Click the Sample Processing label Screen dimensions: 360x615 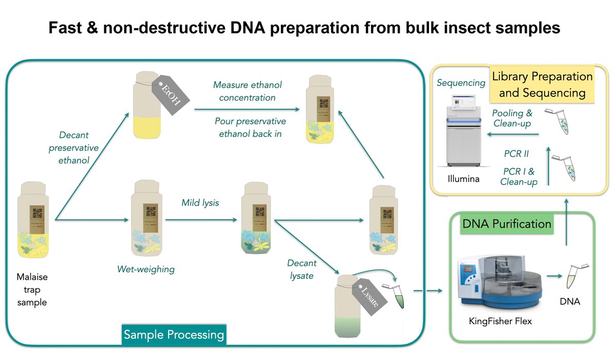coord(174,335)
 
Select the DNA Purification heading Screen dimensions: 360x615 coord(507,224)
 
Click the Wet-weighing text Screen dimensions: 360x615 coord(146,268)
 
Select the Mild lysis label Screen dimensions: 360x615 coord(200,203)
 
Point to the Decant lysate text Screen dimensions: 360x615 coord(302,269)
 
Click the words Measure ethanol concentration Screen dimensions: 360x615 coord(248,91)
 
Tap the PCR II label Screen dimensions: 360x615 coord(516,153)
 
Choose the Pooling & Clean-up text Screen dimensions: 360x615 coord(512,118)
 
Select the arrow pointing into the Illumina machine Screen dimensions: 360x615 coord(513,134)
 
